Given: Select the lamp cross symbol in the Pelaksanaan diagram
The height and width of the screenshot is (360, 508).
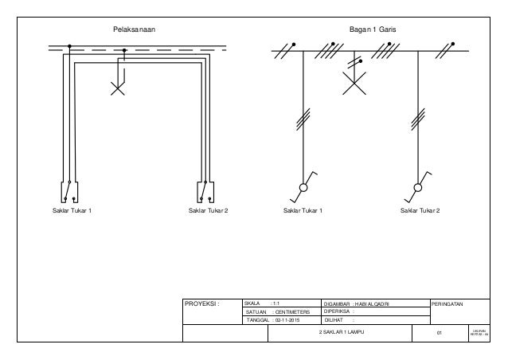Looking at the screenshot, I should point(118,88).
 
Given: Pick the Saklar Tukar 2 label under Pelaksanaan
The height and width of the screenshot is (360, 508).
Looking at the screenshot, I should point(208,210).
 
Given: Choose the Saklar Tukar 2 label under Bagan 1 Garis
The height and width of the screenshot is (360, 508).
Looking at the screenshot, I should point(420,210).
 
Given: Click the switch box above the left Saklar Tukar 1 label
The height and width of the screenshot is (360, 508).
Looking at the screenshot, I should point(68,193).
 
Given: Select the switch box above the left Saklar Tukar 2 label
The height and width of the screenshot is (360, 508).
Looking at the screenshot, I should point(206,193).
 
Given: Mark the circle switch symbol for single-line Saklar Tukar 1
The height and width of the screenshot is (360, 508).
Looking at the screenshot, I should point(303,189).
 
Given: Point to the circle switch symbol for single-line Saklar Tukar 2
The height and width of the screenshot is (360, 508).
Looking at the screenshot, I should point(418,189).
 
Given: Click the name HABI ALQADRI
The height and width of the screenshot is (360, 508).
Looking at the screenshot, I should point(379,303).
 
